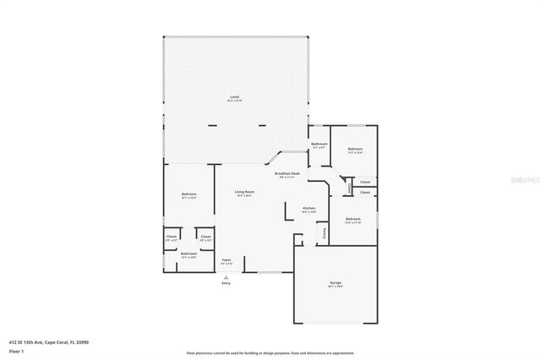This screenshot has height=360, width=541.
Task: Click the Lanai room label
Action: pos(234,97)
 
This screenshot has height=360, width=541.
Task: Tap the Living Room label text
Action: pos(244,192)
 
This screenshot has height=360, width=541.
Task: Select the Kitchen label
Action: pos(309,208)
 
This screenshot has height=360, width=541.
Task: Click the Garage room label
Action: pos(336,282)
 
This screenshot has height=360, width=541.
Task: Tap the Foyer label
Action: pos(227,259)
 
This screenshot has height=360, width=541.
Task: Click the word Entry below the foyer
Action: pos(226,283)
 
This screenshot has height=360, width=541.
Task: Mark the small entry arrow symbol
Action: pos(226,275)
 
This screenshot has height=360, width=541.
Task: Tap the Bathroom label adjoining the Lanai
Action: pos(319,145)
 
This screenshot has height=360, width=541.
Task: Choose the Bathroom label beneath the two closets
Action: pos(189,254)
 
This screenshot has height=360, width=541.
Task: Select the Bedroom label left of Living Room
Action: pos(189,195)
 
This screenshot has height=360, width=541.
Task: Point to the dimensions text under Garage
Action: pos(336,286)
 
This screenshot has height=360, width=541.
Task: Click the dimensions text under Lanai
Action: pos(234,101)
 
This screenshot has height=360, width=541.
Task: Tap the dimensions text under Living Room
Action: pos(244,196)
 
